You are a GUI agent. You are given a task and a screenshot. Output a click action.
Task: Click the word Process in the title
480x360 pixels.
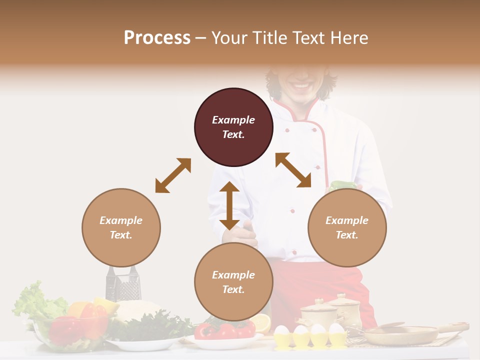(157, 38)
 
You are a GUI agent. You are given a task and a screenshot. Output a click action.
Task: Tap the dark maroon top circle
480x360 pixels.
(233, 127)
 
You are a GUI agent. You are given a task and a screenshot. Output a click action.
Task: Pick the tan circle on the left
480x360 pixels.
(121, 227)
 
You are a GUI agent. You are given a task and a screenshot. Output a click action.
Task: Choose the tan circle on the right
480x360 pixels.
(347, 227)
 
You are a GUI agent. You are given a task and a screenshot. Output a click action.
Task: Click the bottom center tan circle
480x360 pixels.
(233, 282)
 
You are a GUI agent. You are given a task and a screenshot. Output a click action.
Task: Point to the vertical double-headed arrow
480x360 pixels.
(229, 205)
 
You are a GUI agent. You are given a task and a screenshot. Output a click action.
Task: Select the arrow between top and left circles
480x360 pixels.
(173, 175)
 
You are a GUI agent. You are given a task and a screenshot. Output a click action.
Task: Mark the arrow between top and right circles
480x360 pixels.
(293, 170)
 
